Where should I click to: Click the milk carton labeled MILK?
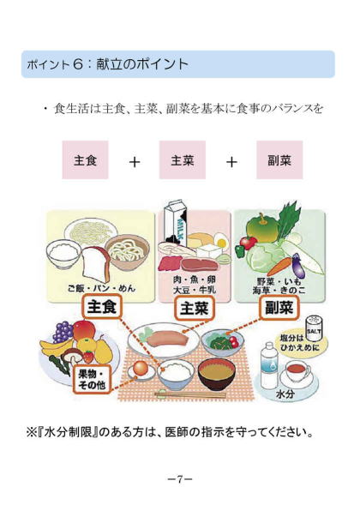click(x=176, y=225)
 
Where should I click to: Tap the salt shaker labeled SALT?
click(x=314, y=328)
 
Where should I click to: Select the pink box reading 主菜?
click(x=182, y=159)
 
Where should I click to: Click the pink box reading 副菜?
click(x=279, y=159)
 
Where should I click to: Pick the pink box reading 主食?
click(x=85, y=159)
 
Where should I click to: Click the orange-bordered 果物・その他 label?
click(x=93, y=379)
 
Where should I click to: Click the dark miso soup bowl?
click(x=216, y=373)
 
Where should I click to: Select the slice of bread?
click(x=96, y=265)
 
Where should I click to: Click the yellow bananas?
click(x=54, y=348)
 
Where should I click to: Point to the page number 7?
click(x=179, y=478)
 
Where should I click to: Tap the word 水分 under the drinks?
click(x=285, y=394)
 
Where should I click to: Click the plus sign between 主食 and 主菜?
click(x=135, y=162)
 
